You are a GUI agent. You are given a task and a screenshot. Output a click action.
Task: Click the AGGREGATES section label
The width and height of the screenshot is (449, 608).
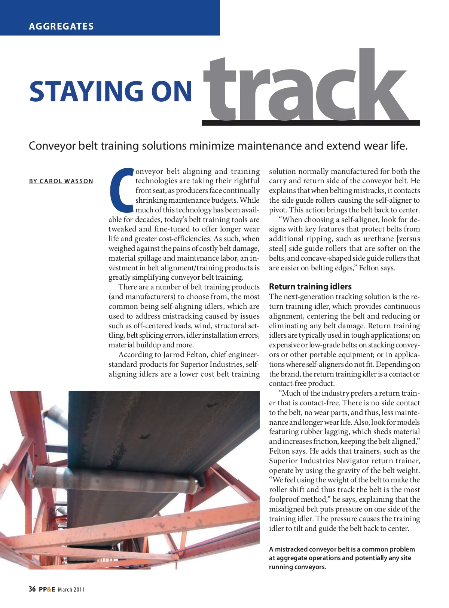pyautogui.click(x=61, y=27)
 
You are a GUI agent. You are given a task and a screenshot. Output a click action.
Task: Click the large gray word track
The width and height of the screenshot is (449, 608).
pyautogui.click(x=305, y=88)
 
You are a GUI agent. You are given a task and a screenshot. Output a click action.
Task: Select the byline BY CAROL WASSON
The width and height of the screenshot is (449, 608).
pyautogui.click(x=61, y=181)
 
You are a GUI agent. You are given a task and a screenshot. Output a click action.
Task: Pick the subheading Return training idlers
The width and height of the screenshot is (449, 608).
pyautogui.click(x=310, y=287)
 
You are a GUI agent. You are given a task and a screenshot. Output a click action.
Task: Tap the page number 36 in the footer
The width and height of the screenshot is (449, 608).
pyautogui.click(x=32, y=589)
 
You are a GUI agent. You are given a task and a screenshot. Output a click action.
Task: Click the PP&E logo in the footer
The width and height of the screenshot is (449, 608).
pyautogui.click(x=47, y=590)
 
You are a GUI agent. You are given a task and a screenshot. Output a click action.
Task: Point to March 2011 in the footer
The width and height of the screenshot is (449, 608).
pyautogui.click(x=71, y=590)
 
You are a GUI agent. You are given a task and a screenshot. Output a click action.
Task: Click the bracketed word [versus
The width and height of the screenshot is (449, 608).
pyautogui.click(x=408, y=239)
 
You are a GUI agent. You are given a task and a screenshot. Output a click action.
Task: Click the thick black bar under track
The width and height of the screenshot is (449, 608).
pyautogui.click(x=311, y=123)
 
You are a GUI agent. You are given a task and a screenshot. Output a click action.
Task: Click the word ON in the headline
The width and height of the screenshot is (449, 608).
pyautogui.click(x=172, y=92)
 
